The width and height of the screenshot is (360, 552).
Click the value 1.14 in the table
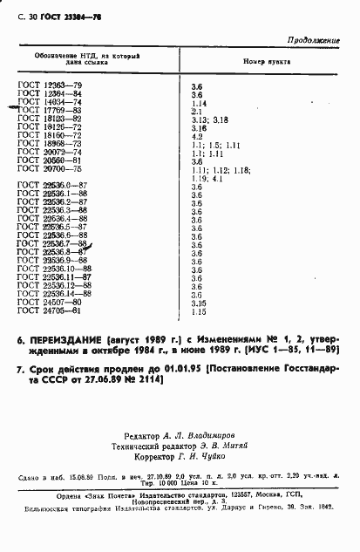(x=198, y=103)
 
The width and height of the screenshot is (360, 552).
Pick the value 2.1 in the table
(x=195, y=111)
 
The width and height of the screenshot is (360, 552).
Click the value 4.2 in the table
(x=195, y=136)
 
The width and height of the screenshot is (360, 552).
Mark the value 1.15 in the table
(x=198, y=311)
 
